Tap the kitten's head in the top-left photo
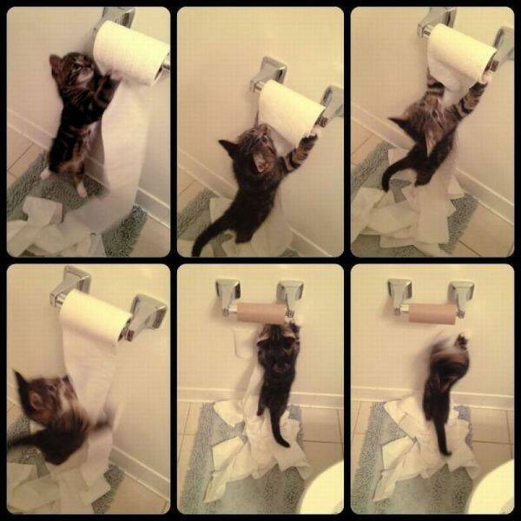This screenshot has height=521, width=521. point(72,71)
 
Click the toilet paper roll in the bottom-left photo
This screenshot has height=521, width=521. point(95,317)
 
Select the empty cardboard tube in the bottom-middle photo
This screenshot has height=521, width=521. point(260,313)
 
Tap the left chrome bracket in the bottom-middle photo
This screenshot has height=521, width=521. point(227,295)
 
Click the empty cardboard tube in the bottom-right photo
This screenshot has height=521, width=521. point(432,313)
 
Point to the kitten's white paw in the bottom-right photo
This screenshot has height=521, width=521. point(463,337)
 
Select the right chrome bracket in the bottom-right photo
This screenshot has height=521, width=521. point(461,297)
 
